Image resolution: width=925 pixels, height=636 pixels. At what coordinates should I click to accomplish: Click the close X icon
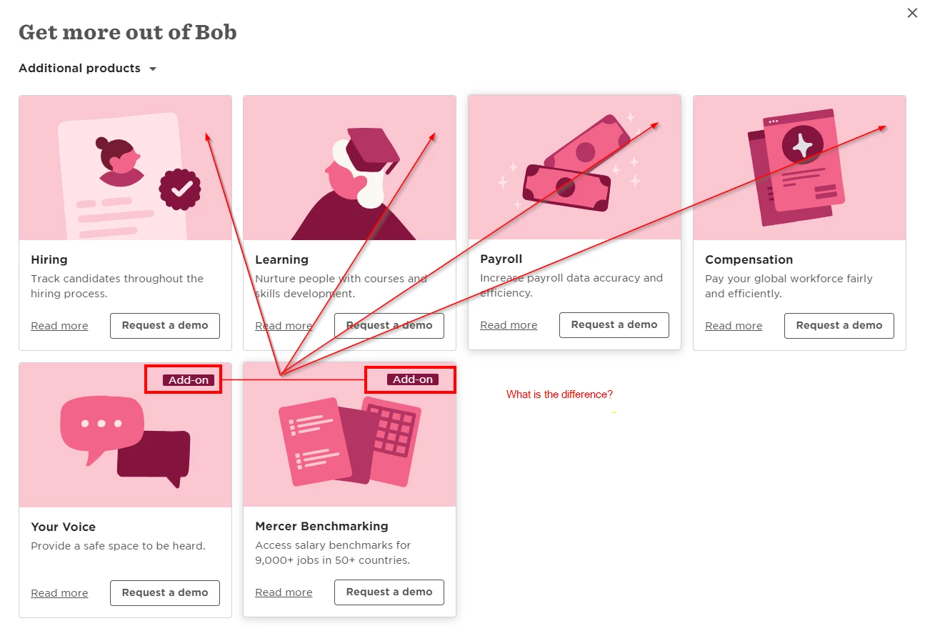click(x=912, y=13)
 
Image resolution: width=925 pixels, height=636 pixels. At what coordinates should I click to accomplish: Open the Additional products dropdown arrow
click(x=153, y=69)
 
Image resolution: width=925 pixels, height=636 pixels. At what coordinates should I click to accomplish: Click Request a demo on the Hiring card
click(x=165, y=326)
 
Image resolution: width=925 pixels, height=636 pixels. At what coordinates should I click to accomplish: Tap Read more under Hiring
click(x=59, y=326)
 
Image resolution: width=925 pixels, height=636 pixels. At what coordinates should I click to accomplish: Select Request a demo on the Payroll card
click(x=614, y=325)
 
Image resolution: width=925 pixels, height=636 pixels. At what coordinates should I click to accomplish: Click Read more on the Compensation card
click(x=734, y=326)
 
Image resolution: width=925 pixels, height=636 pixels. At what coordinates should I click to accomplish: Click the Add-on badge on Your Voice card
click(x=189, y=379)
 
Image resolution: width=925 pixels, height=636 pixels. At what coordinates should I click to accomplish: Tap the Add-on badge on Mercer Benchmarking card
click(x=413, y=379)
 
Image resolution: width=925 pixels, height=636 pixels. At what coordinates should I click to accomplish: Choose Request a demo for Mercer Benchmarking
click(x=389, y=592)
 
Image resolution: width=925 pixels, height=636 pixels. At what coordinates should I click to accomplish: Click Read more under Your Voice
click(x=59, y=593)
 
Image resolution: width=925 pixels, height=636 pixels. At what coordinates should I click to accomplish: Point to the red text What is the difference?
click(x=559, y=394)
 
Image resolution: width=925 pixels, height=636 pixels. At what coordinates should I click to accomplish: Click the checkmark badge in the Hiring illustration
click(x=180, y=189)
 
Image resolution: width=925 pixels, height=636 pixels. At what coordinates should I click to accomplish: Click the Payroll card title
click(x=501, y=259)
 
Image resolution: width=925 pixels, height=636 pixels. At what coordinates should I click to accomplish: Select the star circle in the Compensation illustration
click(x=802, y=144)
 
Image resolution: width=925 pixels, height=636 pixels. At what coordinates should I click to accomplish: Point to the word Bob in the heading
click(x=216, y=32)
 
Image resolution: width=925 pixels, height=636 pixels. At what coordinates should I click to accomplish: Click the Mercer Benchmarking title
click(x=321, y=527)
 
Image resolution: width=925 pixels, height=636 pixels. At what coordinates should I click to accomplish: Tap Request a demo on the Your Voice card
click(x=165, y=593)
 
